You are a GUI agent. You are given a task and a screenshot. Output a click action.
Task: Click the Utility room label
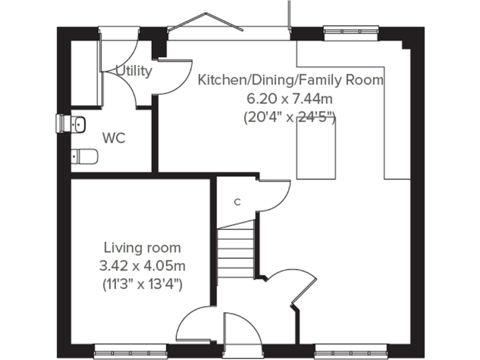134,71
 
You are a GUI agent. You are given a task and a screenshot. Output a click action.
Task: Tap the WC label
114,137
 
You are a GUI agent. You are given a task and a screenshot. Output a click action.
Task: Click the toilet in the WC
84,156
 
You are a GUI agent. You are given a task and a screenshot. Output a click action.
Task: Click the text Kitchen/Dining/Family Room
291,80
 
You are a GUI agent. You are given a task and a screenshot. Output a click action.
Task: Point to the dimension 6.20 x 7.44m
290,98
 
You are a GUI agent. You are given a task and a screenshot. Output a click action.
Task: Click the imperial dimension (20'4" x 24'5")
290,117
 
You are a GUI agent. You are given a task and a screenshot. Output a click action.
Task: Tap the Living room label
142,247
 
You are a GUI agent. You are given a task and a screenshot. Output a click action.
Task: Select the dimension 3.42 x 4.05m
142,266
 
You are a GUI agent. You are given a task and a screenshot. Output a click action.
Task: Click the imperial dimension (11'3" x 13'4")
142,284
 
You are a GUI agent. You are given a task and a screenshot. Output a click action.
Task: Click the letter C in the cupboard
237,202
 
